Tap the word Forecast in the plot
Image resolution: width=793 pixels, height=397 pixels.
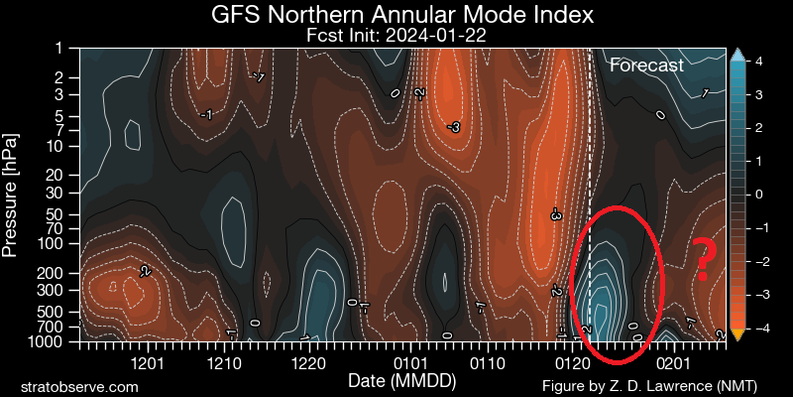tap(646, 66)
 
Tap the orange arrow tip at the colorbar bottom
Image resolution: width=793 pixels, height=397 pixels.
tap(736, 335)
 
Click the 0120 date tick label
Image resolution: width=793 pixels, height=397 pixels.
tap(572, 364)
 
